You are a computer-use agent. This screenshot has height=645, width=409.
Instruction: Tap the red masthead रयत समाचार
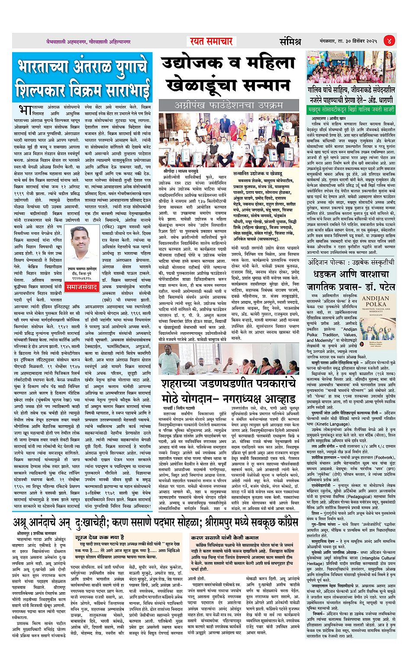tap(212, 42)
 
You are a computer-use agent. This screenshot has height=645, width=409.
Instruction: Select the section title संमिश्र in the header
tap(290, 42)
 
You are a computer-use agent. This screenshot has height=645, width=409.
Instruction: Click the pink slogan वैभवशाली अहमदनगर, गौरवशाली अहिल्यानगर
tap(89, 42)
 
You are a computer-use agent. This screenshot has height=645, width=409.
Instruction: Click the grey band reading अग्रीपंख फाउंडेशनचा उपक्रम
tap(229, 105)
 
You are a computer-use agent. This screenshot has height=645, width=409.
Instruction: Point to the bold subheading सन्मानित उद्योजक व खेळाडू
tap(258, 173)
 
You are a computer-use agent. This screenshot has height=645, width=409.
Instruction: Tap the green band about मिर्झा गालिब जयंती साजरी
tap(351, 110)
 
